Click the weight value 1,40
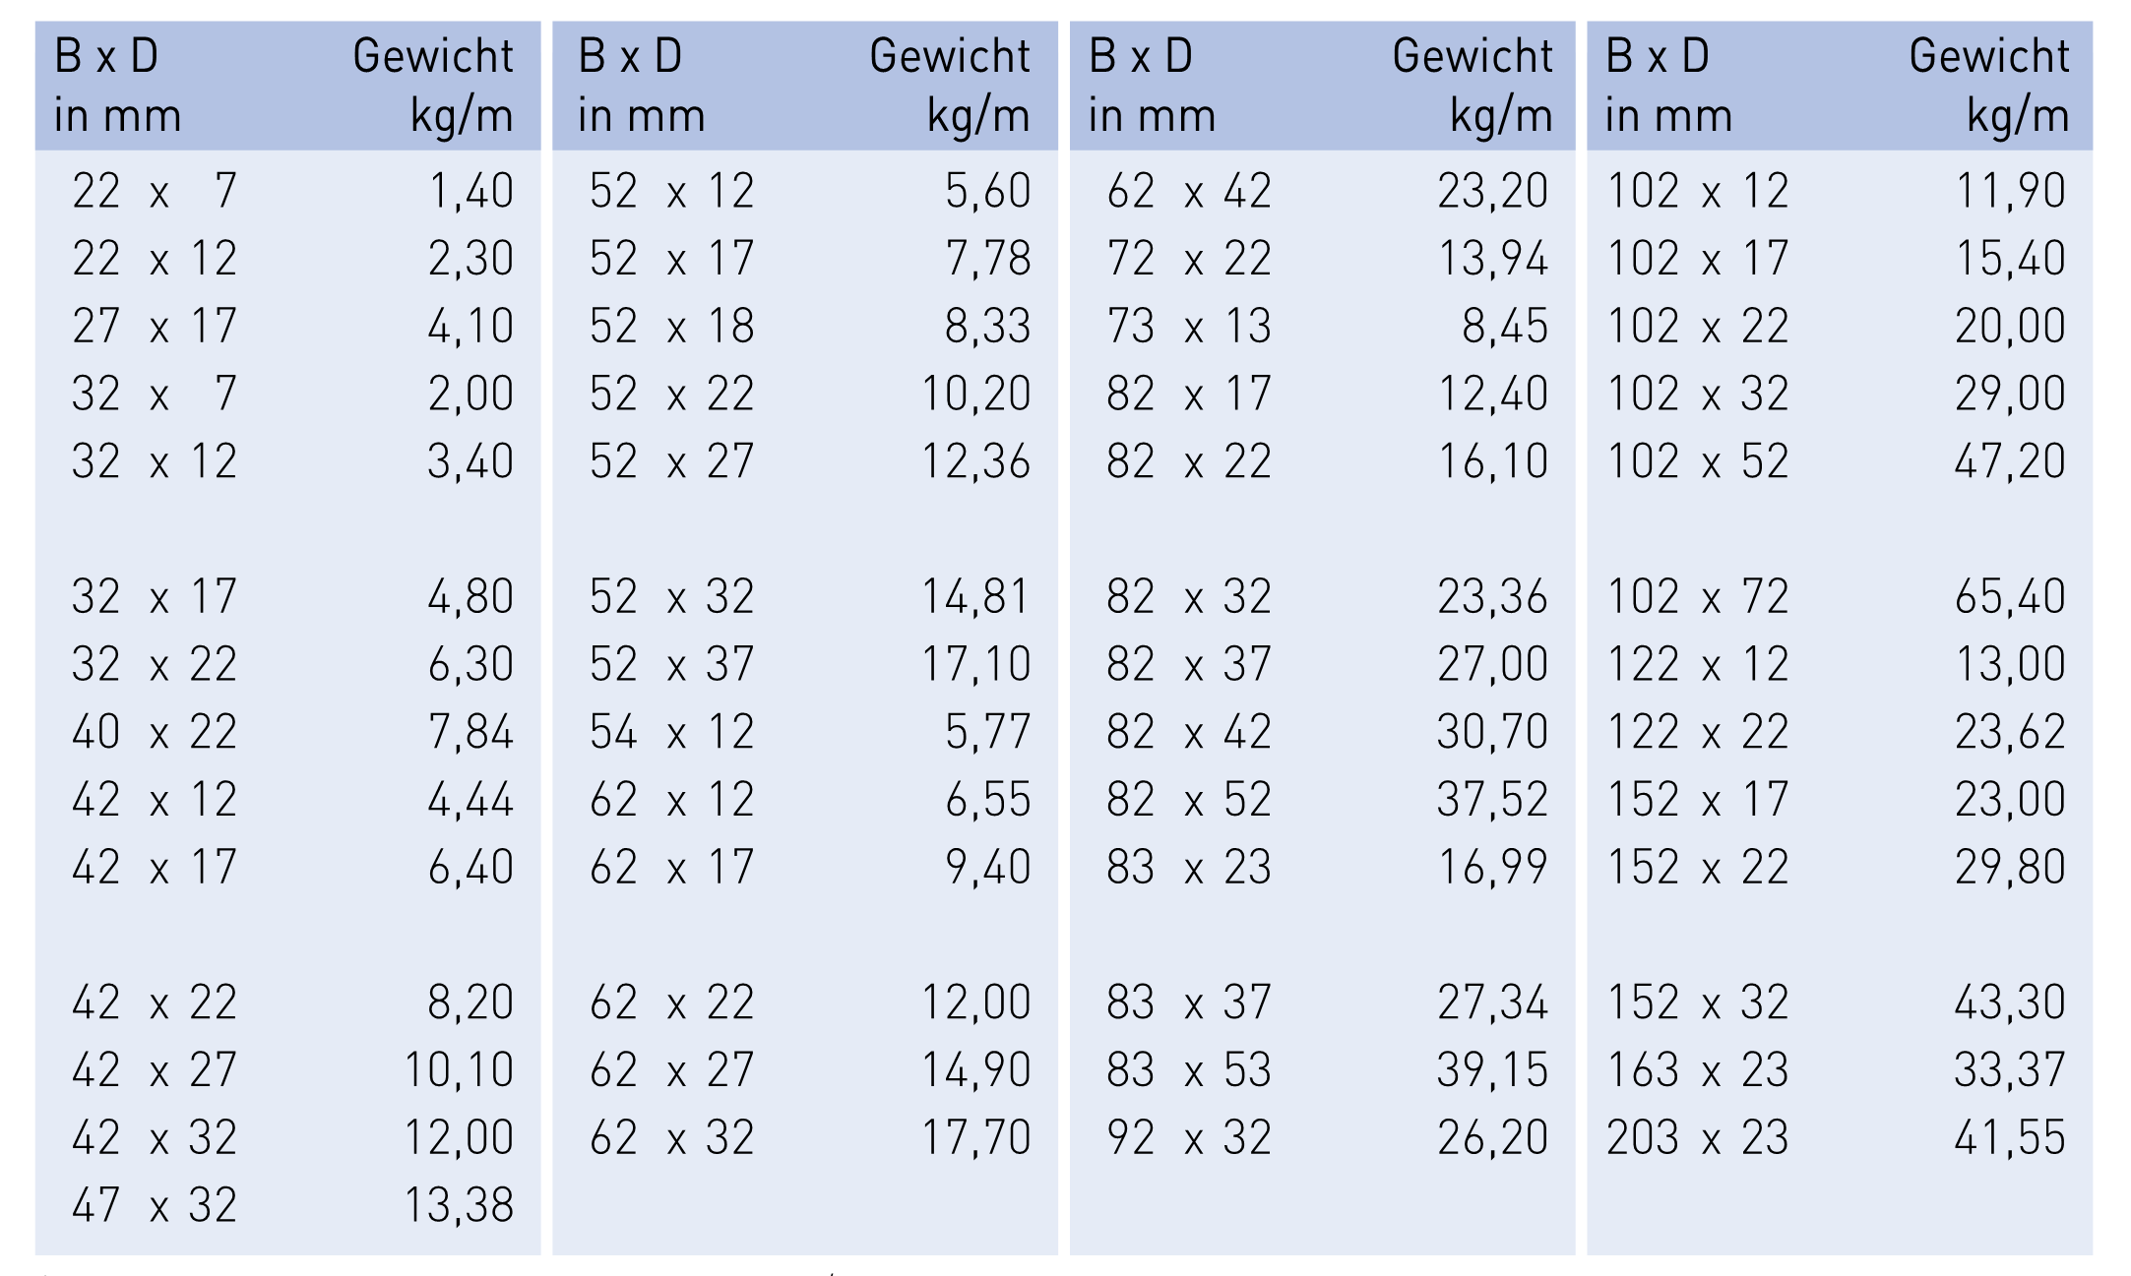tap(470, 191)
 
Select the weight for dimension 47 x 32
tap(459, 1205)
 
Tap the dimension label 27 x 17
tap(155, 327)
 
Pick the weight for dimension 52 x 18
tap(987, 327)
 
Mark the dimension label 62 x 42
tap(1188, 191)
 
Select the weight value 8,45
tap(1505, 327)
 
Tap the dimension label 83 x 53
tap(1188, 1070)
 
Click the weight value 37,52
tap(1492, 800)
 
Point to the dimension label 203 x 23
tap(1697, 1138)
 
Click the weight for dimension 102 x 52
tap(2009, 461)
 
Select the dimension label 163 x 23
tap(1697, 1070)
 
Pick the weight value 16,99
tap(1492, 868)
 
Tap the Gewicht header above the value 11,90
tap(1989, 56)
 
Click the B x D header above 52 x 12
tap(630, 56)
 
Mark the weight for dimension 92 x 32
tap(1492, 1138)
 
